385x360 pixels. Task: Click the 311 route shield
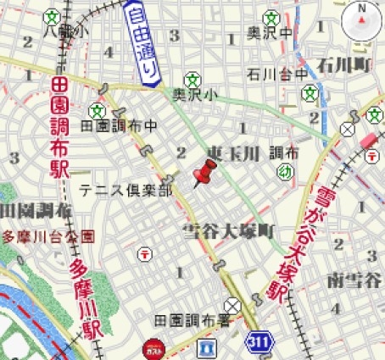[260, 341]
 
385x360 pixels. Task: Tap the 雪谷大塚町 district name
[230, 230]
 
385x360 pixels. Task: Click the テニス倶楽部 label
[126, 190]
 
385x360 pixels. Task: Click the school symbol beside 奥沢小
[192, 78]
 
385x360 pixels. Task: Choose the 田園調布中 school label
[119, 125]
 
